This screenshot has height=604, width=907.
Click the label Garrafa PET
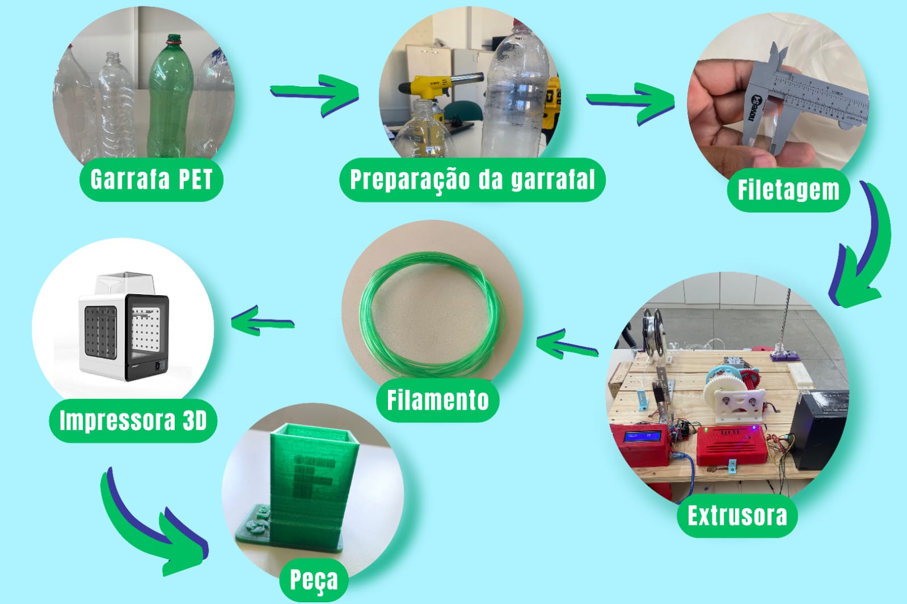[151, 179]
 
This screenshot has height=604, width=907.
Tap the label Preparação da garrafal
[473, 180]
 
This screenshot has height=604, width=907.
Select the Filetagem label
[788, 190]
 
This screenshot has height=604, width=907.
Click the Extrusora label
[737, 516]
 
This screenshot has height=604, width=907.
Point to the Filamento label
[438, 400]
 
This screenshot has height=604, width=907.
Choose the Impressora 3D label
[133, 421]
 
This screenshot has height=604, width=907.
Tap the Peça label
[314, 580]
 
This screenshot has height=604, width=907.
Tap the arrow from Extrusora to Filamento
[567, 344]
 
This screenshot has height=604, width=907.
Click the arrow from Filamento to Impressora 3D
[263, 321]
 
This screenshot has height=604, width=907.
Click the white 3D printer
[124, 326]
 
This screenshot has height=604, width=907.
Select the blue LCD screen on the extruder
[643, 437]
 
